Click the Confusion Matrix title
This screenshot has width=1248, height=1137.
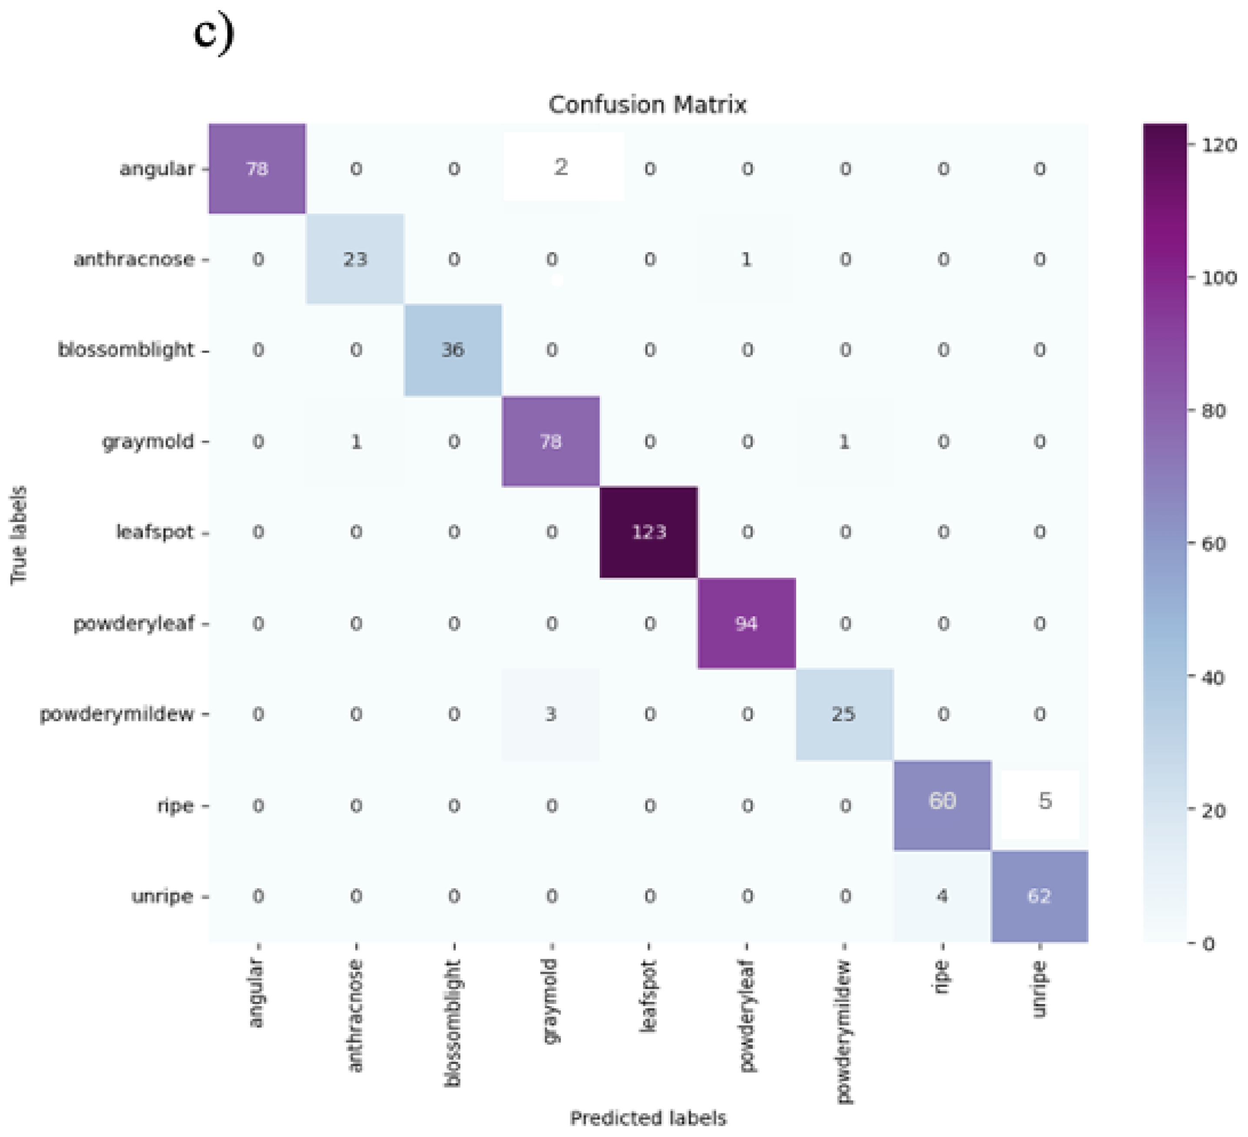pyautogui.click(x=647, y=105)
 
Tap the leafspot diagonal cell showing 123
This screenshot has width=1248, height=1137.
pyautogui.click(x=649, y=532)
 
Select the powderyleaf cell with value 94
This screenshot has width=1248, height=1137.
pyautogui.click(x=747, y=623)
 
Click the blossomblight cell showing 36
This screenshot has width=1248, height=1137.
pyautogui.click(x=453, y=350)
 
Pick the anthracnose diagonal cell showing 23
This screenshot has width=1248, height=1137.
pyautogui.click(x=355, y=259)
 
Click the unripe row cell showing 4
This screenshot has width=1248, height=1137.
pyautogui.click(x=942, y=896)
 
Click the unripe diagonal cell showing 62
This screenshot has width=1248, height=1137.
pyautogui.click(x=1039, y=896)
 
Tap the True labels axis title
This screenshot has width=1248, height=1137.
pyautogui.click(x=19, y=535)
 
